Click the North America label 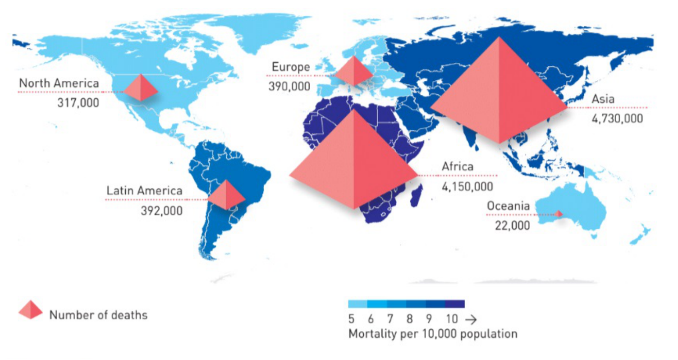59,83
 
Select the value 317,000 78,102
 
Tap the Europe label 291,68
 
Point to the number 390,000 289,86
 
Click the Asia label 603,99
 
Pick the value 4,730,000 617,118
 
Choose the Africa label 458,166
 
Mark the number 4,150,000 467,186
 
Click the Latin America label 144,190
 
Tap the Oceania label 508,206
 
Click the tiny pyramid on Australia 559,214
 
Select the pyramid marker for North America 140,88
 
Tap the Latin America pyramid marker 226,195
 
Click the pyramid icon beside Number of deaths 31,310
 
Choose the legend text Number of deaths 98,315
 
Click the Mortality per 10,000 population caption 432,334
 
